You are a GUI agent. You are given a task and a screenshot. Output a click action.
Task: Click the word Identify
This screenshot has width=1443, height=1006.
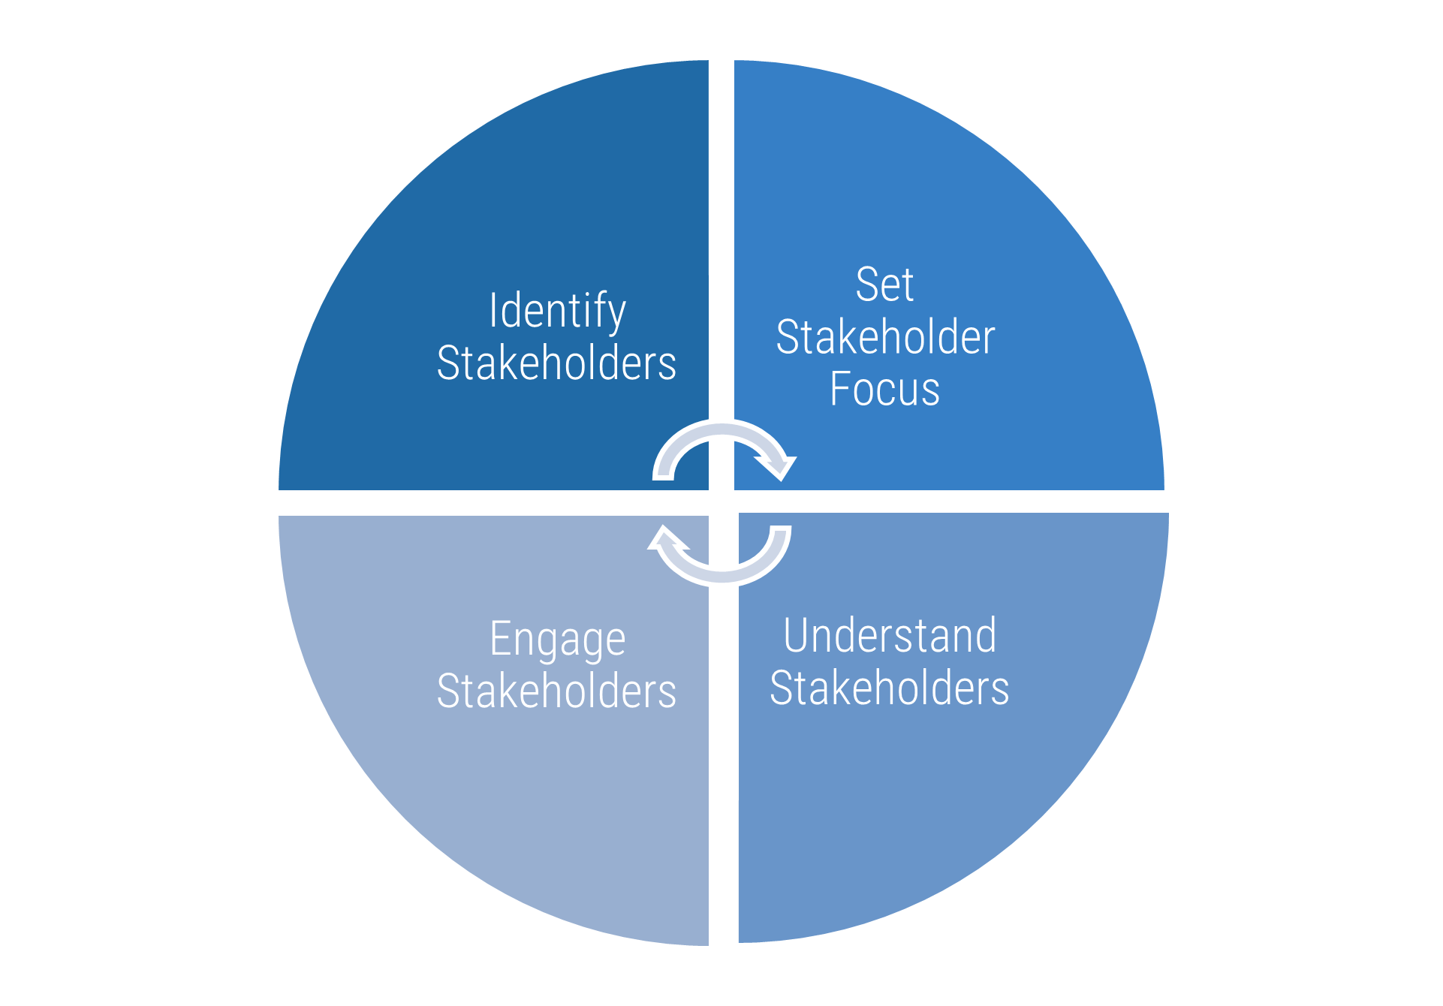(x=557, y=311)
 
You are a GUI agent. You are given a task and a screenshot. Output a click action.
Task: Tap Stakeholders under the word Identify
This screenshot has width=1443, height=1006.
(x=556, y=363)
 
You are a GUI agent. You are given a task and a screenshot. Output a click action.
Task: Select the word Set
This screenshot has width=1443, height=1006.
(x=884, y=285)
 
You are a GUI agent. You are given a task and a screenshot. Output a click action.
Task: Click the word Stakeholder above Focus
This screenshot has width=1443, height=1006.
(x=885, y=337)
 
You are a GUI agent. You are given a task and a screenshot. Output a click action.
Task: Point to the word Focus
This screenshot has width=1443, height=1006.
(x=884, y=389)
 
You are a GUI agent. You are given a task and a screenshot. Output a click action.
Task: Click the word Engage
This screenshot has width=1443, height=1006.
(x=557, y=640)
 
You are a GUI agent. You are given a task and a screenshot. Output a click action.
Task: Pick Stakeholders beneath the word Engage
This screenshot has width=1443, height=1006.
(x=556, y=691)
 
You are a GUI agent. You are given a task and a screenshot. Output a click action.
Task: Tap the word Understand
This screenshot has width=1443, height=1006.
(x=890, y=636)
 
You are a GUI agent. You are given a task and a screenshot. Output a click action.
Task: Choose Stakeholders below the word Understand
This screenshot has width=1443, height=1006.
(x=890, y=688)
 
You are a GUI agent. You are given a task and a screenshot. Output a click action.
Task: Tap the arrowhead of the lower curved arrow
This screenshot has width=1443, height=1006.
(x=665, y=539)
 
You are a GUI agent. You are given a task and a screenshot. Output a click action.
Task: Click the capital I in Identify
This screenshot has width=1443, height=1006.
(x=493, y=310)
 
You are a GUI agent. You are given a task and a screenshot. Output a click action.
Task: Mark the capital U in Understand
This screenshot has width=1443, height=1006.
(x=797, y=636)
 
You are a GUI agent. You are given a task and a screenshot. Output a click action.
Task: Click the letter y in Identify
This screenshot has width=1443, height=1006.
(x=616, y=315)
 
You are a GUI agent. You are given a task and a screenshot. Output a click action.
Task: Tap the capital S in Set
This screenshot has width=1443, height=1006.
(x=866, y=285)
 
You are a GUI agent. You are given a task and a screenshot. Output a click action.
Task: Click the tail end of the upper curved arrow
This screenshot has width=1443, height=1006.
(x=664, y=472)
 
